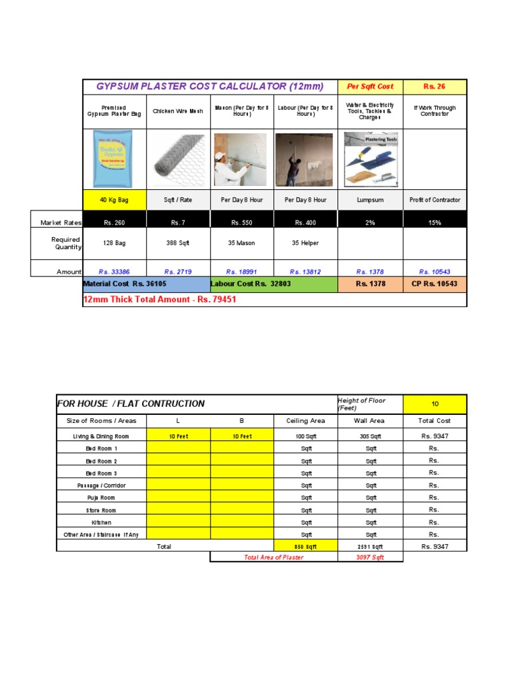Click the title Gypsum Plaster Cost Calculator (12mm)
209,87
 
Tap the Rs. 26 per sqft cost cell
434,87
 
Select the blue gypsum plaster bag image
113,159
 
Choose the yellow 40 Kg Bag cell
113,200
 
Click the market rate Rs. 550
241,222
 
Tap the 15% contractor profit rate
435,222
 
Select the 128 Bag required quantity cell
113,243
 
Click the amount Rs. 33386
113,272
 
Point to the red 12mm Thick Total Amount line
159,300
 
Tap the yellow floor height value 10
434,404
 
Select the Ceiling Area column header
305,421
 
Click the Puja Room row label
101,498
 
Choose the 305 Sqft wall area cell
371,436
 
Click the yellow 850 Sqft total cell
305,547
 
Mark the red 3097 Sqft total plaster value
371,557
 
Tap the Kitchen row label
101,523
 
